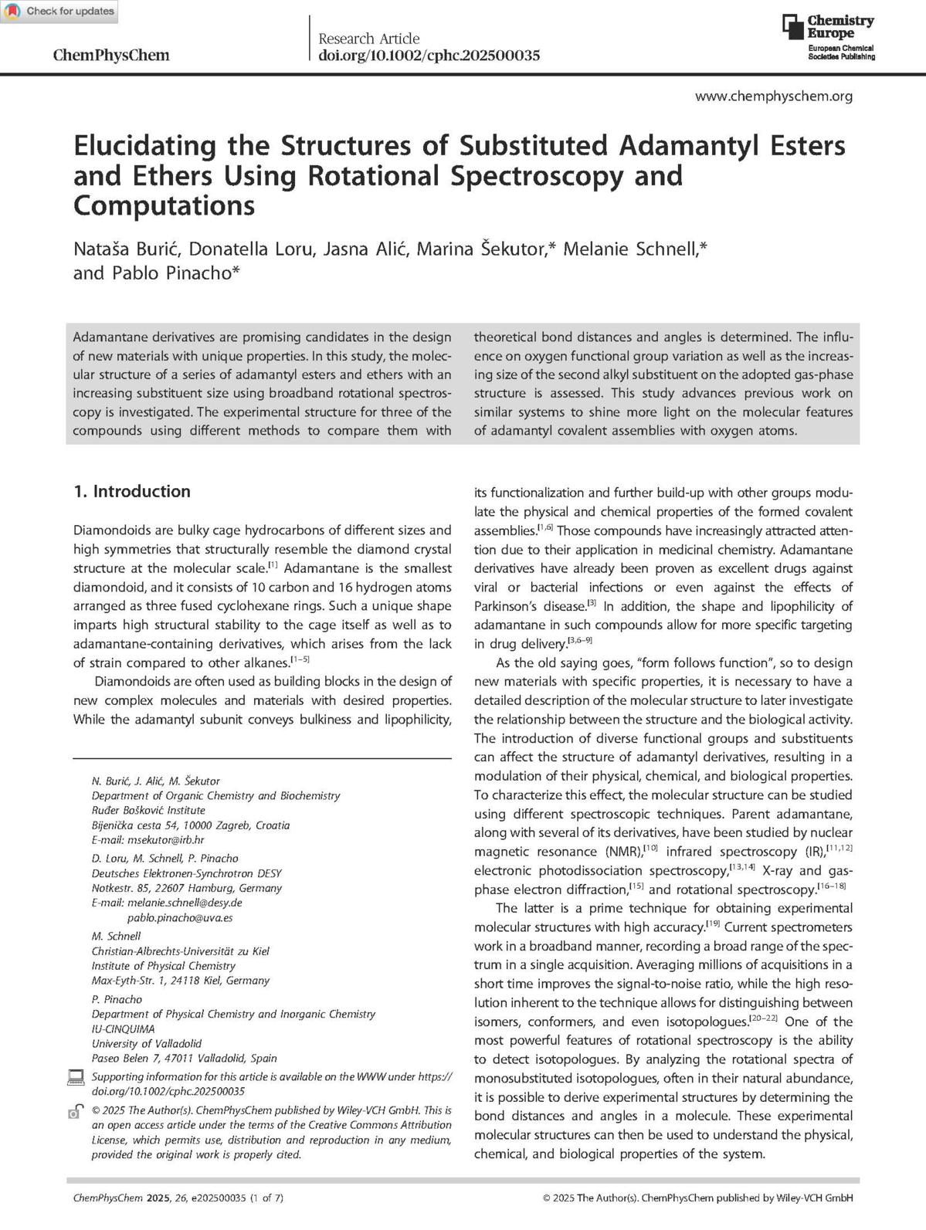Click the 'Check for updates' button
point(59,12)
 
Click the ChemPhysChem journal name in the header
point(110,55)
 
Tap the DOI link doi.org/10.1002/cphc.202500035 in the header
point(429,55)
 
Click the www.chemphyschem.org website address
point(774,97)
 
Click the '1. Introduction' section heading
point(132,491)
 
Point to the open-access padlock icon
point(76,1112)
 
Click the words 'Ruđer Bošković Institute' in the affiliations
point(148,811)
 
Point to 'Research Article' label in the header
point(369,39)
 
